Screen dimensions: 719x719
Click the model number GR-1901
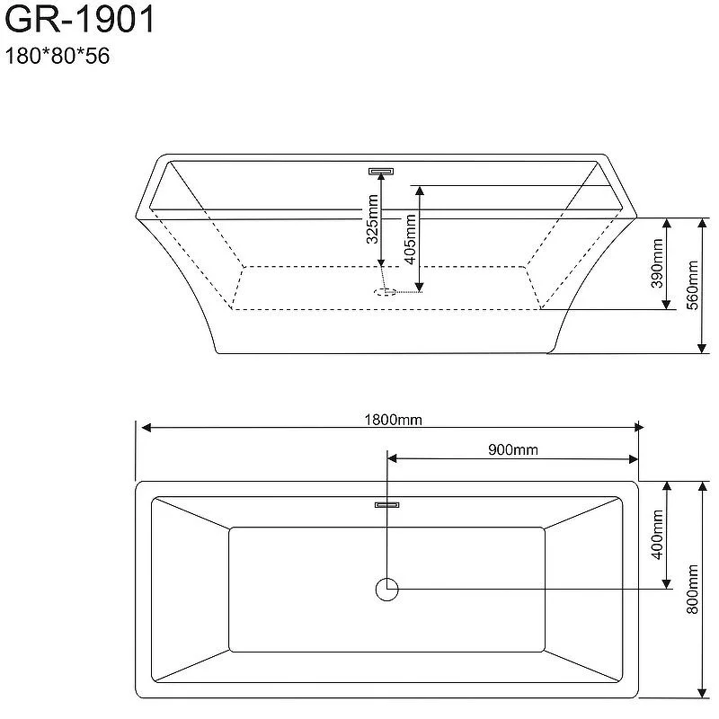pos(78,20)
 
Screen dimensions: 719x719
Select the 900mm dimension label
pos(513,450)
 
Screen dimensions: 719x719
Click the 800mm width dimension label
pos(692,589)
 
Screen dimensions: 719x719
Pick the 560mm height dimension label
pos(692,285)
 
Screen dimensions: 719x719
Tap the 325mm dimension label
pos(372,222)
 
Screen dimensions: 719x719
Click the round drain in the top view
pos(386,590)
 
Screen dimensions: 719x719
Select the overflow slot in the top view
pos(387,505)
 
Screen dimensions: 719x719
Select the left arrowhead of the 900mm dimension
pos(393,459)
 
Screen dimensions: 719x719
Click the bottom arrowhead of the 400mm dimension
pos(667,584)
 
